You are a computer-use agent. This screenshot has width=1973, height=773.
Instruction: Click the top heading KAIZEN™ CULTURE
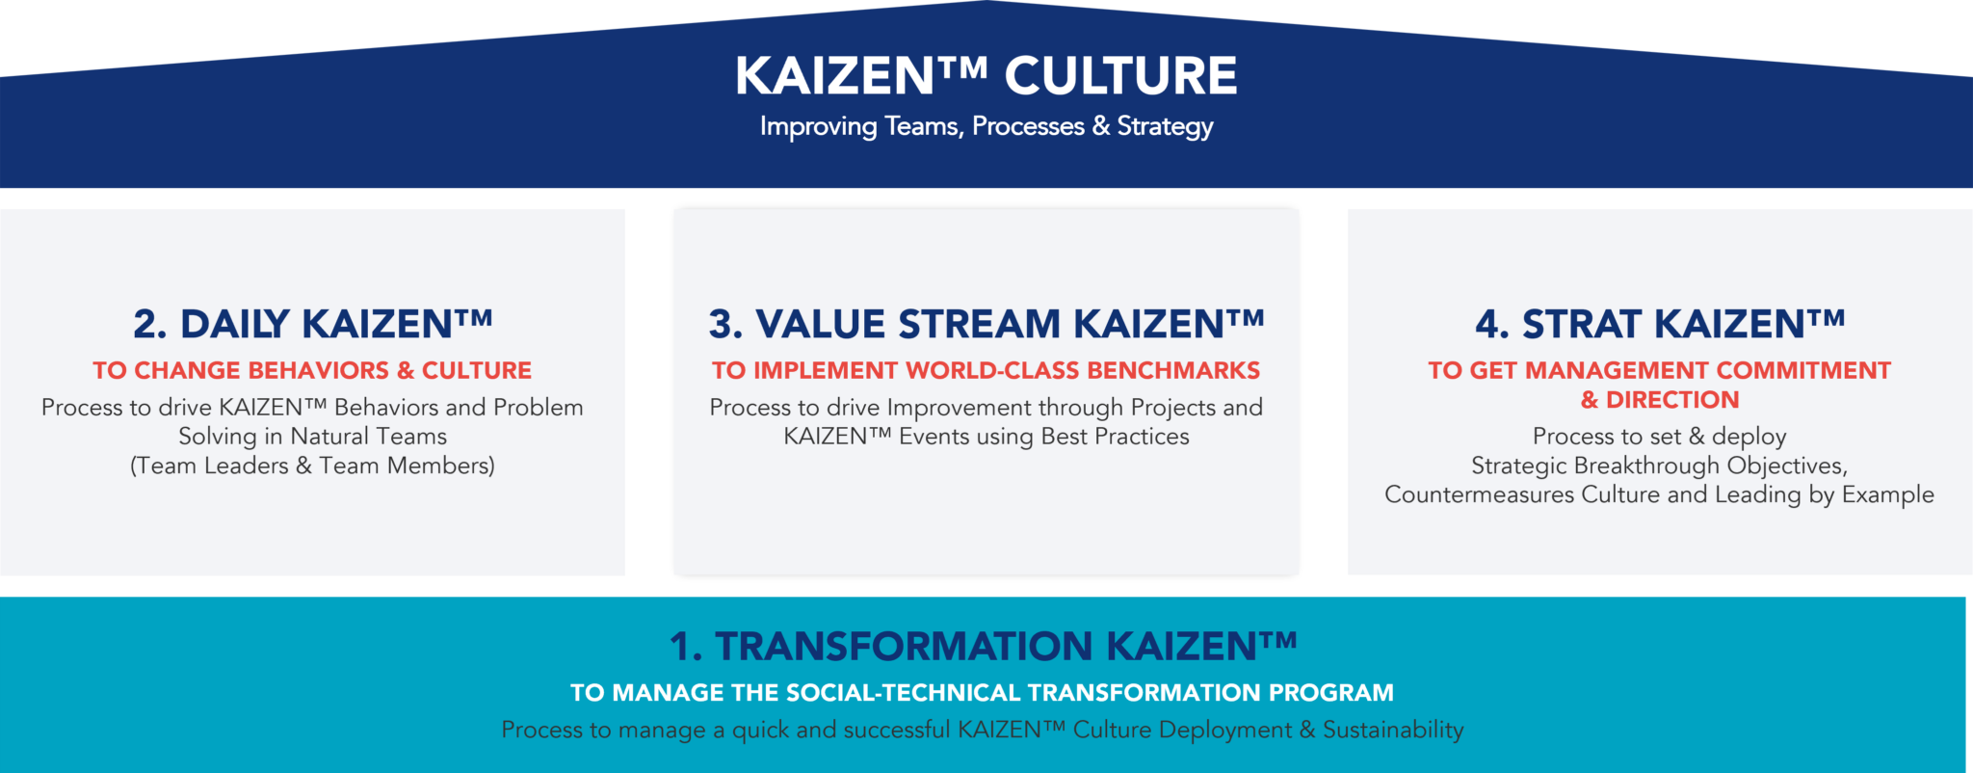(x=986, y=76)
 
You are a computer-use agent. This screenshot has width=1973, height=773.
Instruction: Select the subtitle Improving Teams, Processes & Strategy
(x=986, y=126)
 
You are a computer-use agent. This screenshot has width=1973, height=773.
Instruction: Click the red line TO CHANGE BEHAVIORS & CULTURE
(x=312, y=370)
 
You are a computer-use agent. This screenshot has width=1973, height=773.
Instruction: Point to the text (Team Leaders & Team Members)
(x=312, y=466)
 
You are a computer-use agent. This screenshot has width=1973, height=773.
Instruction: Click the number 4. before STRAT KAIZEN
(x=1491, y=325)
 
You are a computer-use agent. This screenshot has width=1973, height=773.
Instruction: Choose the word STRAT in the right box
(x=1582, y=325)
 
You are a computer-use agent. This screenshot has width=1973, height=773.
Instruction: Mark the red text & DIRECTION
(x=1660, y=400)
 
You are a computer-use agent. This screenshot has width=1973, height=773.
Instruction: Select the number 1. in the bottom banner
(x=686, y=647)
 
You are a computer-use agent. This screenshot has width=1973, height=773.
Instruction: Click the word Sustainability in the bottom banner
(x=1393, y=730)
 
